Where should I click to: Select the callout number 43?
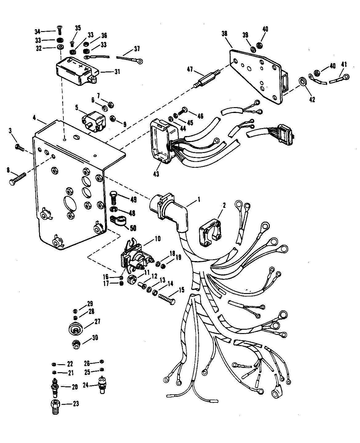point(156,174)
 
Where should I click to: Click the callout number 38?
point(224,34)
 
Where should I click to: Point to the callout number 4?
point(34,118)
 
